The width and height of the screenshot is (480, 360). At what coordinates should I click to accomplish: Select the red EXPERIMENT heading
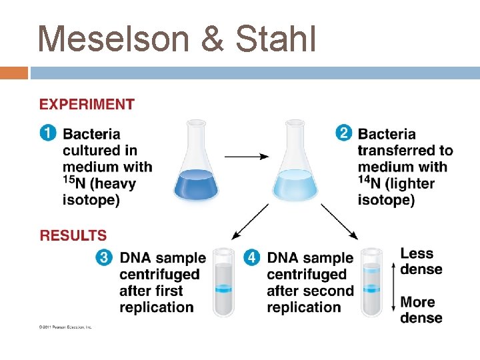(87, 105)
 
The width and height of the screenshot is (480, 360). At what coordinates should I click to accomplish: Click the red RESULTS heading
(73, 235)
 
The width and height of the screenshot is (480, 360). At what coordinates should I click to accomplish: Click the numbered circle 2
(344, 133)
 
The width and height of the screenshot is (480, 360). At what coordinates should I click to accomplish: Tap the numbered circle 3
(105, 257)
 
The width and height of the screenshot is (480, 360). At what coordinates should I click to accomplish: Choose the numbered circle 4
(252, 257)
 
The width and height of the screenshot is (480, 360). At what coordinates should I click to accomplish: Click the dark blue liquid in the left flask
(196, 185)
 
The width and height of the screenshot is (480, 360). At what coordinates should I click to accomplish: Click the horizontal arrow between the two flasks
(246, 157)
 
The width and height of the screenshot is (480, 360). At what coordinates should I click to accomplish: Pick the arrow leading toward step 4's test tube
(339, 221)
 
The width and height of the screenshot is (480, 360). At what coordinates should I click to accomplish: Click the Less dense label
(421, 261)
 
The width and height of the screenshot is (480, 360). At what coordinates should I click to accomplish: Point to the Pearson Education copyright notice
(65, 327)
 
